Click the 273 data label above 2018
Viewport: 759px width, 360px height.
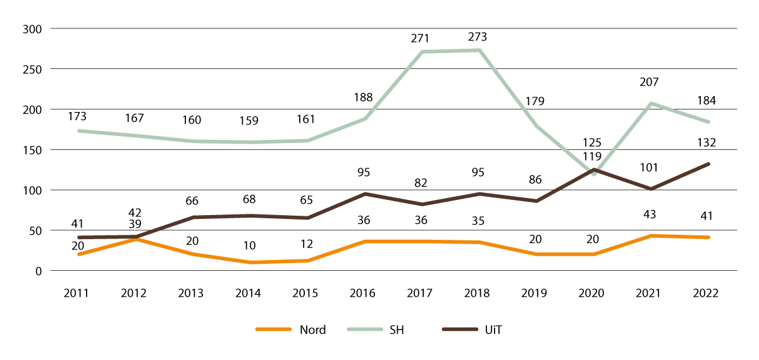click(x=478, y=37)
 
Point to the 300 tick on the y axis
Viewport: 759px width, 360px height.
click(x=32, y=29)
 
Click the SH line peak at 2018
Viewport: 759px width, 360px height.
click(x=479, y=50)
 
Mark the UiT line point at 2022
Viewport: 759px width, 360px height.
click(x=708, y=164)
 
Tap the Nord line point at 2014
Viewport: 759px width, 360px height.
click(x=249, y=263)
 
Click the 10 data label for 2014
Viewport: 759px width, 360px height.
click(x=249, y=245)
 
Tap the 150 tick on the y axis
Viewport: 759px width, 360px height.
click(x=32, y=150)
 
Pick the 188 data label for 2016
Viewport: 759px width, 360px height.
click(x=363, y=97)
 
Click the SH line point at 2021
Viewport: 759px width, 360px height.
click(x=651, y=103)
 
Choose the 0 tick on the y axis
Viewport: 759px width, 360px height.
click(x=38, y=271)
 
